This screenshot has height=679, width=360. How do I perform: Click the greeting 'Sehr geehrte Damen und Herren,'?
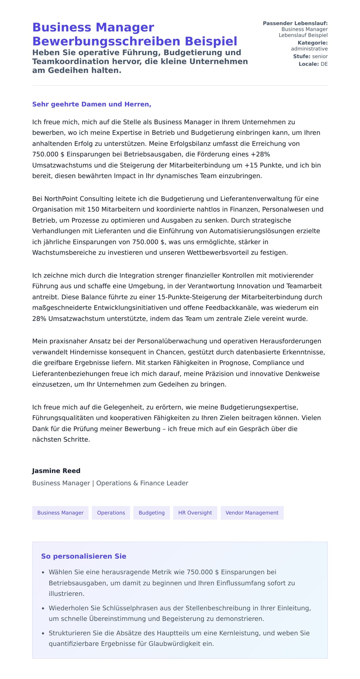click(x=91, y=104)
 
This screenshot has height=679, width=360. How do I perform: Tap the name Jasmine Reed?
click(x=56, y=471)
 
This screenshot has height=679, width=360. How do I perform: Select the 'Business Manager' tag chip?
click(x=60, y=513)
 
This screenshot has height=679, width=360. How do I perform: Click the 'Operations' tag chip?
click(x=111, y=513)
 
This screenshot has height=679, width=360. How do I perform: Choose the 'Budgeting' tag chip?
click(x=151, y=513)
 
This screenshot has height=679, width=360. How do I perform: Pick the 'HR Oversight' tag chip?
click(x=195, y=513)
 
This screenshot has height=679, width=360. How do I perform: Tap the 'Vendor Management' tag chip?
click(x=252, y=513)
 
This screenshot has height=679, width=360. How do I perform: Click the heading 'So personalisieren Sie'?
click(x=83, y=556)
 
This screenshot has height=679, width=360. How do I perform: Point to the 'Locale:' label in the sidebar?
click(x=308, y=64)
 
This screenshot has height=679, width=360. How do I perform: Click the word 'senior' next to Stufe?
click(x=320, y=56)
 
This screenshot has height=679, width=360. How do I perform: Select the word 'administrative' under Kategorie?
click(x=309, y=49)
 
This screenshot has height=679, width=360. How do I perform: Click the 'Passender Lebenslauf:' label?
click(x=295, y=23)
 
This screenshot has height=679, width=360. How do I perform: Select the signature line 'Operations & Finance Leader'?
click(x=142, y=483)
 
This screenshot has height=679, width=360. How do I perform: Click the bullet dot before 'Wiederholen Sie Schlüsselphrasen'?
click(x=43, y=608)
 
